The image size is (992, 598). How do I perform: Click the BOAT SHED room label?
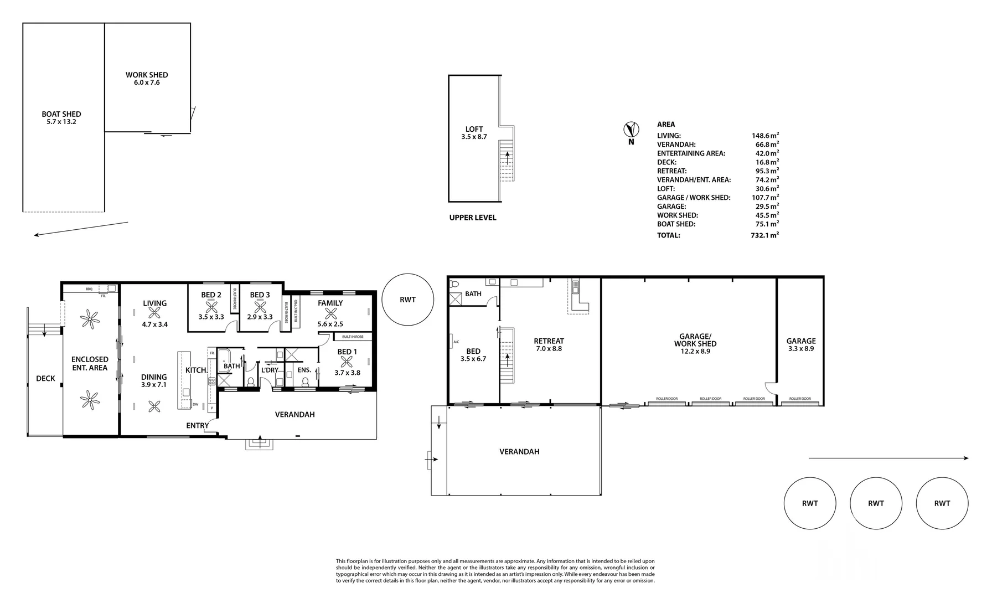(x=61, y=117)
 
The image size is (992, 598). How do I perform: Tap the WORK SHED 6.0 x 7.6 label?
(x=147, y=78)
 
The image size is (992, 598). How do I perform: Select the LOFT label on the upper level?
(x=474, y=132)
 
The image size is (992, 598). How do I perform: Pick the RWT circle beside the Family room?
(x=407, y=300)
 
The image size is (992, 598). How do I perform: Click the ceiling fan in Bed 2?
(x=211, y=307)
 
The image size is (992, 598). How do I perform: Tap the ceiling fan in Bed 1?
(x=347, y=362)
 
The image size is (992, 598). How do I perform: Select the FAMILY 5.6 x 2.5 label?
(x=330, y=306)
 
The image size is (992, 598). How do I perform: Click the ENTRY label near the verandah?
(x=198, y=426)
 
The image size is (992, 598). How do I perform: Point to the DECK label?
(x=45, y=378)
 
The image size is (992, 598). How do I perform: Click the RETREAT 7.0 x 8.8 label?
(x=549, y=344)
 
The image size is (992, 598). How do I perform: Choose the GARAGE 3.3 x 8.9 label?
(x=801, y=344)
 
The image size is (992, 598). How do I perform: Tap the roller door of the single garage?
(x=799, y=401)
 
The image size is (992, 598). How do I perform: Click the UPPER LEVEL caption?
(x=473, y=218)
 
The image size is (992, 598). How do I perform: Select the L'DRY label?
(x=270, y=370)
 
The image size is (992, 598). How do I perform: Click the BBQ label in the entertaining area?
(x=89, y=289)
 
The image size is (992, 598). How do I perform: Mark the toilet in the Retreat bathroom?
(x=455, y=284)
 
